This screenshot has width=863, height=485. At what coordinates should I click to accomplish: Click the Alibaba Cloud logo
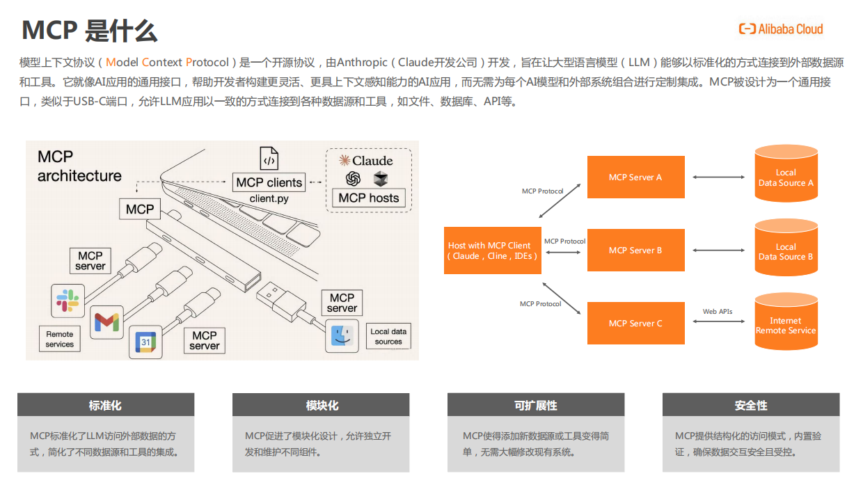click(780, 29)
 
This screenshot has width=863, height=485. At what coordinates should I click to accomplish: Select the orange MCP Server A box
click(635, 177)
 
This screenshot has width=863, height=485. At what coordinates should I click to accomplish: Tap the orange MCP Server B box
click(635, 251)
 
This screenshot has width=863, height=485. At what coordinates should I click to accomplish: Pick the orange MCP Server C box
click(635, 323)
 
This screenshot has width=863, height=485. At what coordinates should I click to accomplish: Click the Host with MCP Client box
click(492, 251)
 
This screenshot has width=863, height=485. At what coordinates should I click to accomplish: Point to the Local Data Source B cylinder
click(786, 248)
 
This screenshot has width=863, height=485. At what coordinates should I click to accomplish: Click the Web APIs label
click(717, 311)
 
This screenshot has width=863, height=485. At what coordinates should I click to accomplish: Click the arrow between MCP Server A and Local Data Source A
click(718, 177)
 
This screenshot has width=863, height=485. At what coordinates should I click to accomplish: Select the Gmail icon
click(106, 322)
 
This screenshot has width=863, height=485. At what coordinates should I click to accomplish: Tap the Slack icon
click(68, 300)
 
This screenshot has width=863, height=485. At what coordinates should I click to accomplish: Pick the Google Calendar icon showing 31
click(145, 342)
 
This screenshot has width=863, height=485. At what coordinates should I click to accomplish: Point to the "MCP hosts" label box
click(368, 198)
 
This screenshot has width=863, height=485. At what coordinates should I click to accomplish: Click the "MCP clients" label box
click(269, 182)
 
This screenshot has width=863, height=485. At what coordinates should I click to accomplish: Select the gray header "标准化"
click(106, 405)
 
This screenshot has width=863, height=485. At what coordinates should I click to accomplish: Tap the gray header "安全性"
click(750, 405)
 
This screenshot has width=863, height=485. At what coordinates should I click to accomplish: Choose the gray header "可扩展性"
click(535, 405)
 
